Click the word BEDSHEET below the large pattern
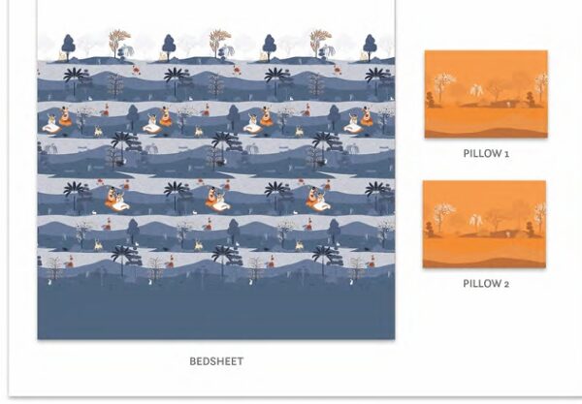[x=216, y=361]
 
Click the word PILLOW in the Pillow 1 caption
[x=481, y=153]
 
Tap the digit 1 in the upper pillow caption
[x=506, y=154]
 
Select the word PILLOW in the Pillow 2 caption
[x=481, y=284]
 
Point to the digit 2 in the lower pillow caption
[x=506, y=284]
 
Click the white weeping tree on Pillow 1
[x=476, y=90]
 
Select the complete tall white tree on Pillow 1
[x=442, y=87]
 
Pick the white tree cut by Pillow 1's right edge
[x=541, y=87]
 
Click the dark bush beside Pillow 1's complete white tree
[x=431, y=100]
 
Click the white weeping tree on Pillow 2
[x=475, y=221]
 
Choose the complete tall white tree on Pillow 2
[x=442, y=217]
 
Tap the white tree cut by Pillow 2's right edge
[x=540, y=217]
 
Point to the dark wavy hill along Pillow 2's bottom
[x=484, y=263]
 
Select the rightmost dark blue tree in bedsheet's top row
[x=370, y=47]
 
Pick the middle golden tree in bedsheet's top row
[x=219, y=43]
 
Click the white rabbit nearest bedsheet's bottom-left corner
[x=49, y=283]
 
